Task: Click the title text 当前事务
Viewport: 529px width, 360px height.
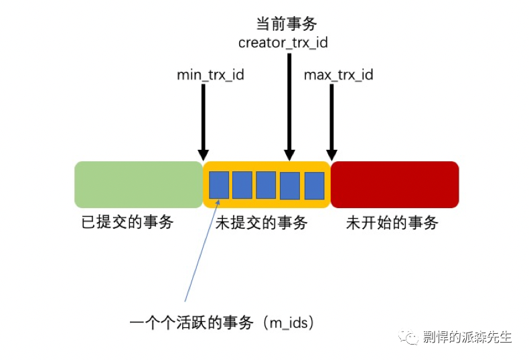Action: (287, 24)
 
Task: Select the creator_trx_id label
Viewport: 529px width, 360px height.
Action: (283, 43)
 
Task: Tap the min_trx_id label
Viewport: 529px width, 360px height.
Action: (210, 75)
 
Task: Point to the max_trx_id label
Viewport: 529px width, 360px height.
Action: (339, 75)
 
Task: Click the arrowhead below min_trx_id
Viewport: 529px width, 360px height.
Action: (203, 155)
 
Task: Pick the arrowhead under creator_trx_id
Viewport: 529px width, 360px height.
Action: (289, 155)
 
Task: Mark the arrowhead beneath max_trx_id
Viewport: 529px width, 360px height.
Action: (331, 155)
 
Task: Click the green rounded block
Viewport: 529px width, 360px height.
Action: (139, 185)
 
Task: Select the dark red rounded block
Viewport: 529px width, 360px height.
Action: (394, 185)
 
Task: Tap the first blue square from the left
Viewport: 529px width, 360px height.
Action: (219, 185)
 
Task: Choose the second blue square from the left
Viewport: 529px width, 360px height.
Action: (242, 185)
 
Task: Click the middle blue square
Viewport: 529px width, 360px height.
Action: (266, 185)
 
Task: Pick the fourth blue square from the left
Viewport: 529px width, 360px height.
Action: (290, 185)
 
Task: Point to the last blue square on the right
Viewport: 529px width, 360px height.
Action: (315, 185)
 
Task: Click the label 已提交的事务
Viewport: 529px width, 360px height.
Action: (127, 222)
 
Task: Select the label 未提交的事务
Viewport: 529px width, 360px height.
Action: (261, 223)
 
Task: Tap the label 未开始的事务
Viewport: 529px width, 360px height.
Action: (392, 223)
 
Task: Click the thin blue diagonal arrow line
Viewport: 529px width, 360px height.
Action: (202, 250)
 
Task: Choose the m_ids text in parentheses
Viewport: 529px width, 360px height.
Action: (289, 323)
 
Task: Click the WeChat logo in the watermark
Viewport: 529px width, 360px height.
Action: (408, 337)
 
